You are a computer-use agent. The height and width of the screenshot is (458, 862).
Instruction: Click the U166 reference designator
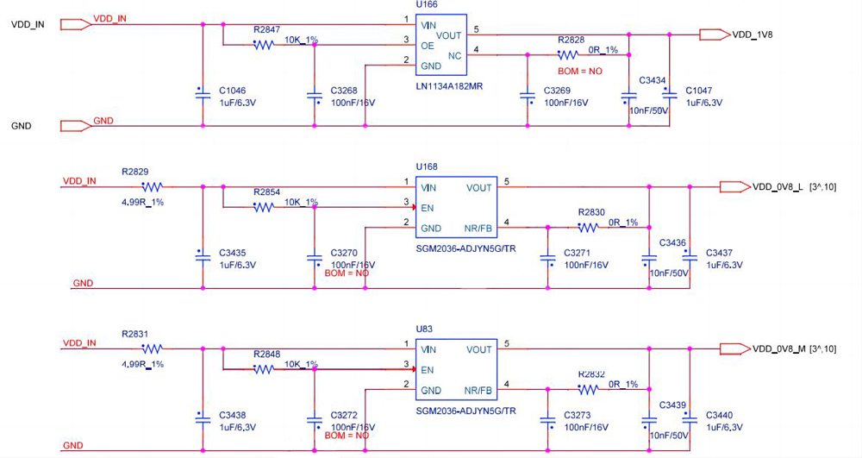tap(426, 5)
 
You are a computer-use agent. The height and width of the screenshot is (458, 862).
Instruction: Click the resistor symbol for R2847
tap(264, 45)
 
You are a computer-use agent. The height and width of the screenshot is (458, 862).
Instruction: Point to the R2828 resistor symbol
tap(568, 54)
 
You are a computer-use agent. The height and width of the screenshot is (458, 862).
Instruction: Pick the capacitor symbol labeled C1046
tap(202, 94)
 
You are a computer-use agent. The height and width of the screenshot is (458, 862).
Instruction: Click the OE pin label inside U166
tap(428, 45)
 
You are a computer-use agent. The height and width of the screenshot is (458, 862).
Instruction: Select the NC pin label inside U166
tap(455, 56)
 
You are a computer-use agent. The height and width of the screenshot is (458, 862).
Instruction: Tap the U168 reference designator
tap(427, 166)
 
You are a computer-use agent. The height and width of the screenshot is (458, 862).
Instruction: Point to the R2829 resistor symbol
tap(153, 186)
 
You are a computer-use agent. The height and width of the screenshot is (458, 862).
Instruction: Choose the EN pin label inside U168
tap(427, 207)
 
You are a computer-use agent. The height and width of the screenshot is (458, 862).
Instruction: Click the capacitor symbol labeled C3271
tap(547, 257)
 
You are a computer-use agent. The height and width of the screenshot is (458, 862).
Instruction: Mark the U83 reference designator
tap(424, 328)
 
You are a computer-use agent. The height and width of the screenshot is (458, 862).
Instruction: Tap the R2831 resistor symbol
tap(153, 348)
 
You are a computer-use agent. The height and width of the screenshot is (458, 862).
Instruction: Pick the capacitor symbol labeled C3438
tap(202, 419)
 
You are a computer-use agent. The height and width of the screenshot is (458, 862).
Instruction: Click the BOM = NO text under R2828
tap(580, 71)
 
